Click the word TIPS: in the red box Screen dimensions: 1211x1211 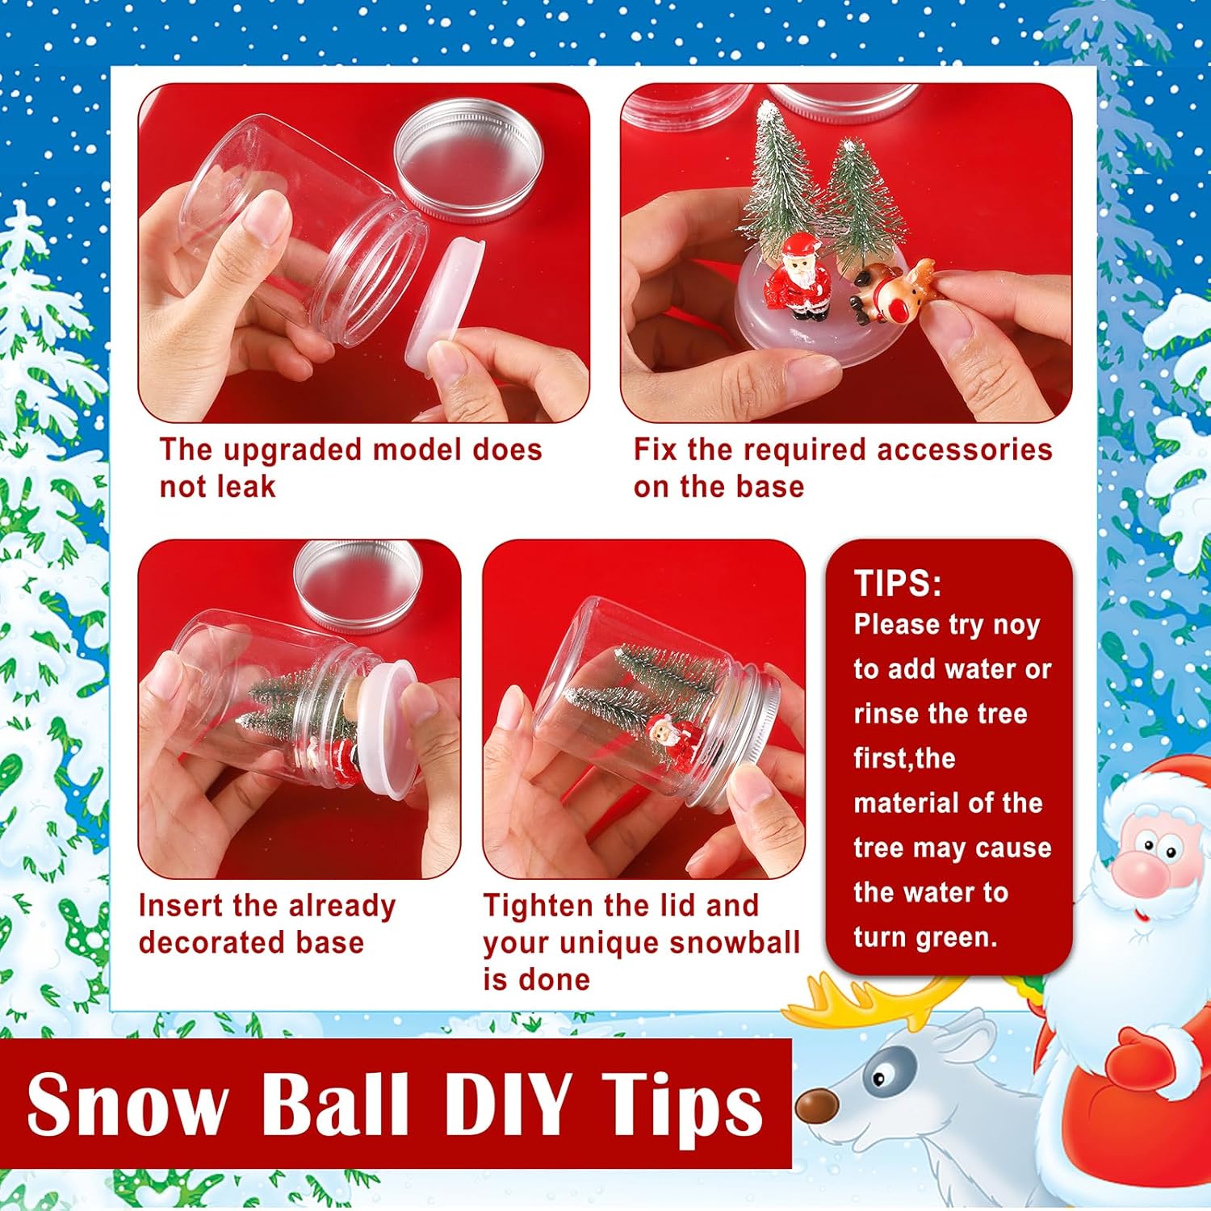pyautogui.click(x=897, y=583)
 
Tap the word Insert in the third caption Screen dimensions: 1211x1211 pyautogui.click(x=181, y=906)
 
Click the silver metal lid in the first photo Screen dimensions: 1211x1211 pyautogui.click(x=469, y=160)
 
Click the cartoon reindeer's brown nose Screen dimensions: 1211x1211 pyautogui.click(x=816, y=1107)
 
